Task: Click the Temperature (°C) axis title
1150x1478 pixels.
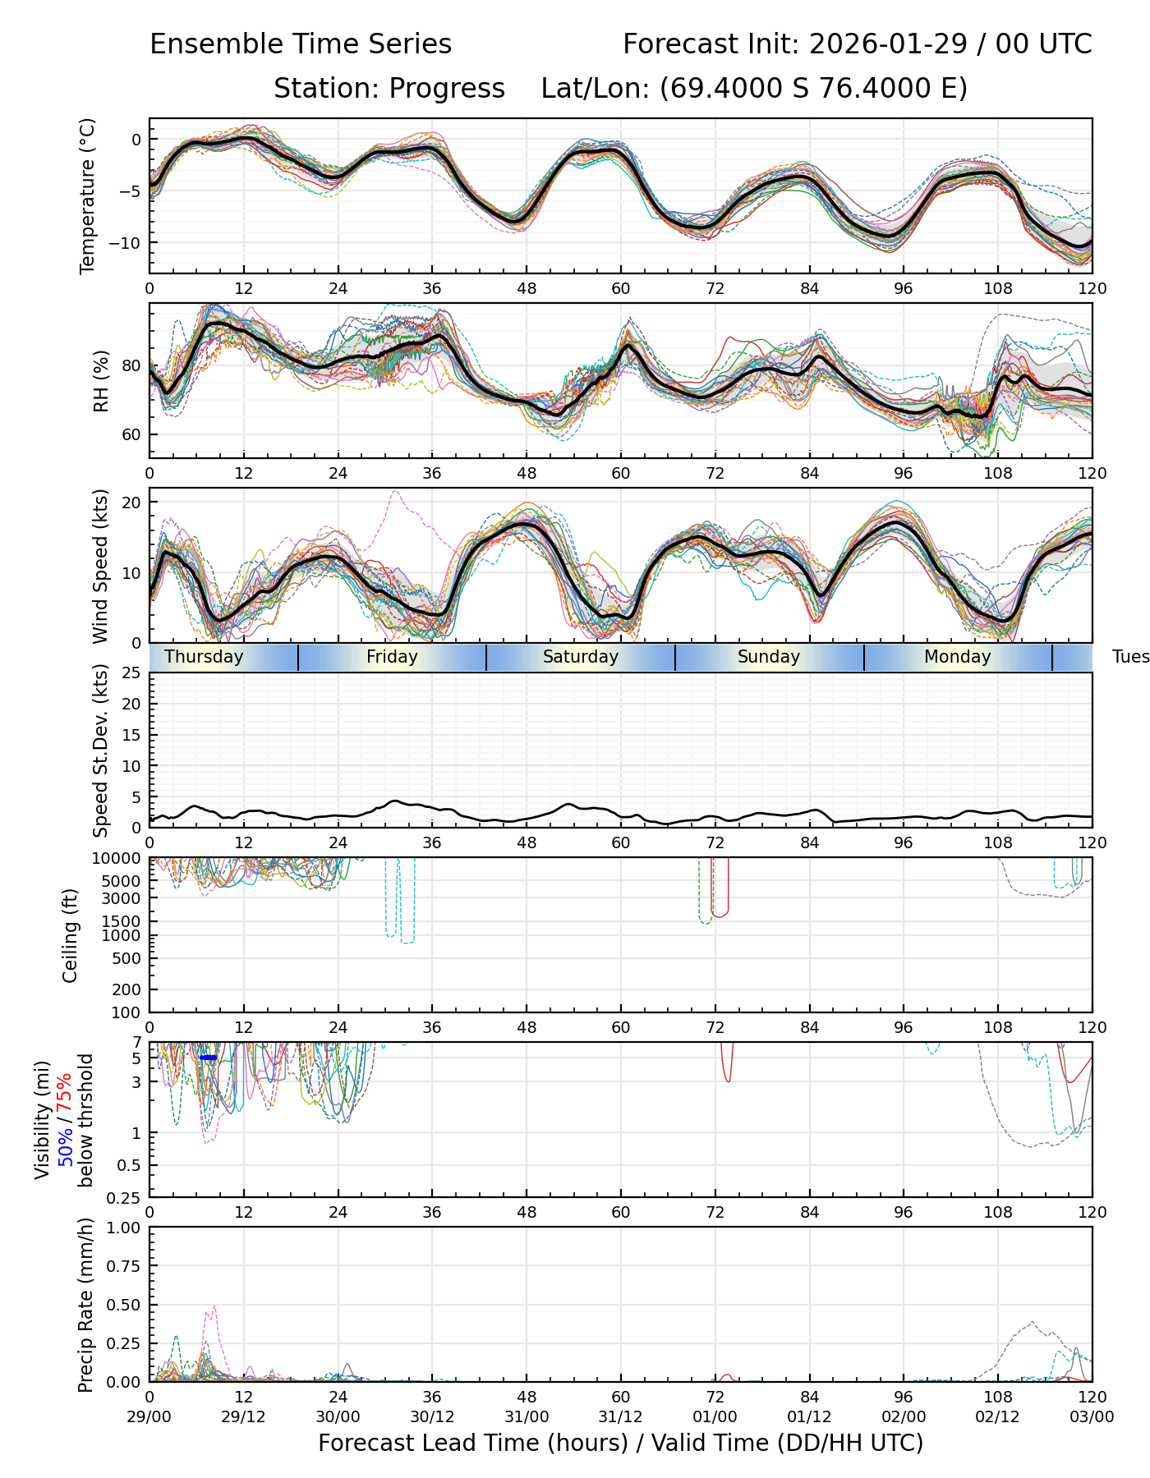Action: [88, 195]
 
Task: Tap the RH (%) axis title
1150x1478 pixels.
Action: [101, 381]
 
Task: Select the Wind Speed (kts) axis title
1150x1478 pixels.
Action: [101, 566]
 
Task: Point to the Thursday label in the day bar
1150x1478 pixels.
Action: [204, 657]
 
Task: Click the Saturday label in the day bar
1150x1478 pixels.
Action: [580, 657]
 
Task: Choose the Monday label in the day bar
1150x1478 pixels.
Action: [957, 657]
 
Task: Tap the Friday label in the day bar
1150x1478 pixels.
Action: [392, 657]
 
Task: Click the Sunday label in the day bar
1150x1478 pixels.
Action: [768, 657]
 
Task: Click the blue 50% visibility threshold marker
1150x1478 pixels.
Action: [209, 1058]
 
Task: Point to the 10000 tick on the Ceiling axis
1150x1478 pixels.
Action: [118, 859]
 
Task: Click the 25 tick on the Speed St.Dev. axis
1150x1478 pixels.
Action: [131, 673]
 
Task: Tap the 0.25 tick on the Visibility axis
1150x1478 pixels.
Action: [126, 1196]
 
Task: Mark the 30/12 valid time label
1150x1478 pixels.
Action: [432, 1416]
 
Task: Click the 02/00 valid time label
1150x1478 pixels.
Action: [904, 1416]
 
